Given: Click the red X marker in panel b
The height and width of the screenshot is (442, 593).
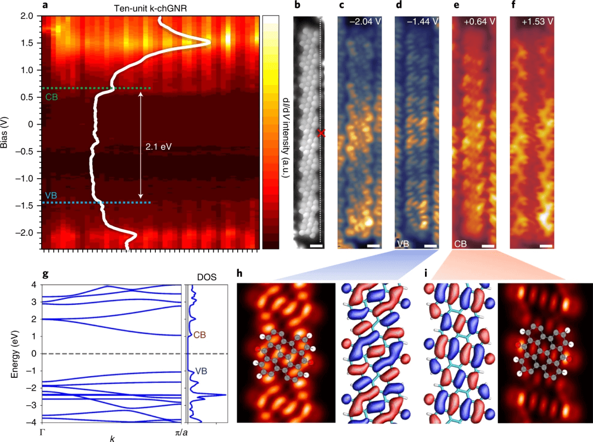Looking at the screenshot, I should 322,133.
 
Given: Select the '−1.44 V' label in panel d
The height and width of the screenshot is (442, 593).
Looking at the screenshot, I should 422,22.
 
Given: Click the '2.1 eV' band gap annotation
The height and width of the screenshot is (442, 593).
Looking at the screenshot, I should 159,146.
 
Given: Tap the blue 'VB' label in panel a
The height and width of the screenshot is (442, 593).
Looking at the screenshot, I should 51,195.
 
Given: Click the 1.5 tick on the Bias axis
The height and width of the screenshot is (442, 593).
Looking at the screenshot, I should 29,43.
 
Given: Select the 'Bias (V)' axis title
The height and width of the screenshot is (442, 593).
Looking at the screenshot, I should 7,132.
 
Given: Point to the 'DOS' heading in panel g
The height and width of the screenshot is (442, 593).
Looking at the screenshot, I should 204,278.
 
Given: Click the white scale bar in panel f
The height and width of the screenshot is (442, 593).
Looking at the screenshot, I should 545,246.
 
